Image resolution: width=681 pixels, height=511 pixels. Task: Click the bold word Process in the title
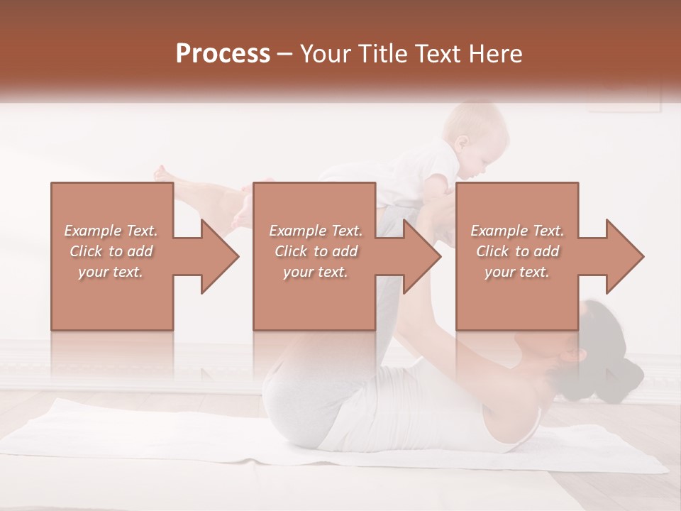[223, 53]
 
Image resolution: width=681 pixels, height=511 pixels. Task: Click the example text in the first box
[111, 251]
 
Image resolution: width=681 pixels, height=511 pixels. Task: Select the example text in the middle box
[316, 251]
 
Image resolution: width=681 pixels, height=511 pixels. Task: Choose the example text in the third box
[517, 251]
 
